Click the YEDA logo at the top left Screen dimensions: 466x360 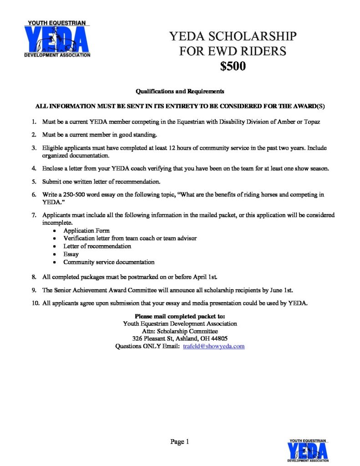(57, 39)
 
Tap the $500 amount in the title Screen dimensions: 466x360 (233, 66)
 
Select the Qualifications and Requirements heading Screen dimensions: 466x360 (180, 91)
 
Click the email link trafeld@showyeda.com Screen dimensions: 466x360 (214, 346)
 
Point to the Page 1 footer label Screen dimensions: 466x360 (179, 441)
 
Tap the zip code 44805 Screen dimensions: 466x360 (218, 339)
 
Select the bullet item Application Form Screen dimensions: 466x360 (86, 231)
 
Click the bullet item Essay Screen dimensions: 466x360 (71, 254)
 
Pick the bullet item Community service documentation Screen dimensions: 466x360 (109, 262)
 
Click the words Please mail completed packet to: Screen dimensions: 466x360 (180, 316)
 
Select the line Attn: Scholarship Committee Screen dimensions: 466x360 (180, 331)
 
